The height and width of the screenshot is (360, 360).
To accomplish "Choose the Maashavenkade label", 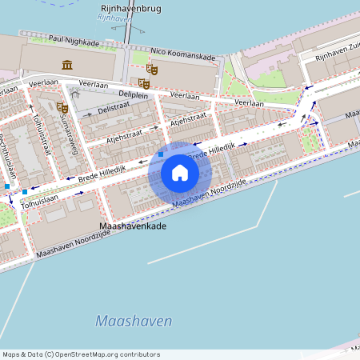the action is (x=132, y=227).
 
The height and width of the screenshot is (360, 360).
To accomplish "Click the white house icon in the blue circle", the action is (x=179, y=172).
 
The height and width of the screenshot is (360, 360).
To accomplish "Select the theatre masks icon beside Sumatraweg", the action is (x=61, y=107).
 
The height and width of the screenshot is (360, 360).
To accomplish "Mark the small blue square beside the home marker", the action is (x=161, y=153).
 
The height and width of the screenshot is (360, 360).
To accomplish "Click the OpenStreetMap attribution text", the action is (x=81, y=354).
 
